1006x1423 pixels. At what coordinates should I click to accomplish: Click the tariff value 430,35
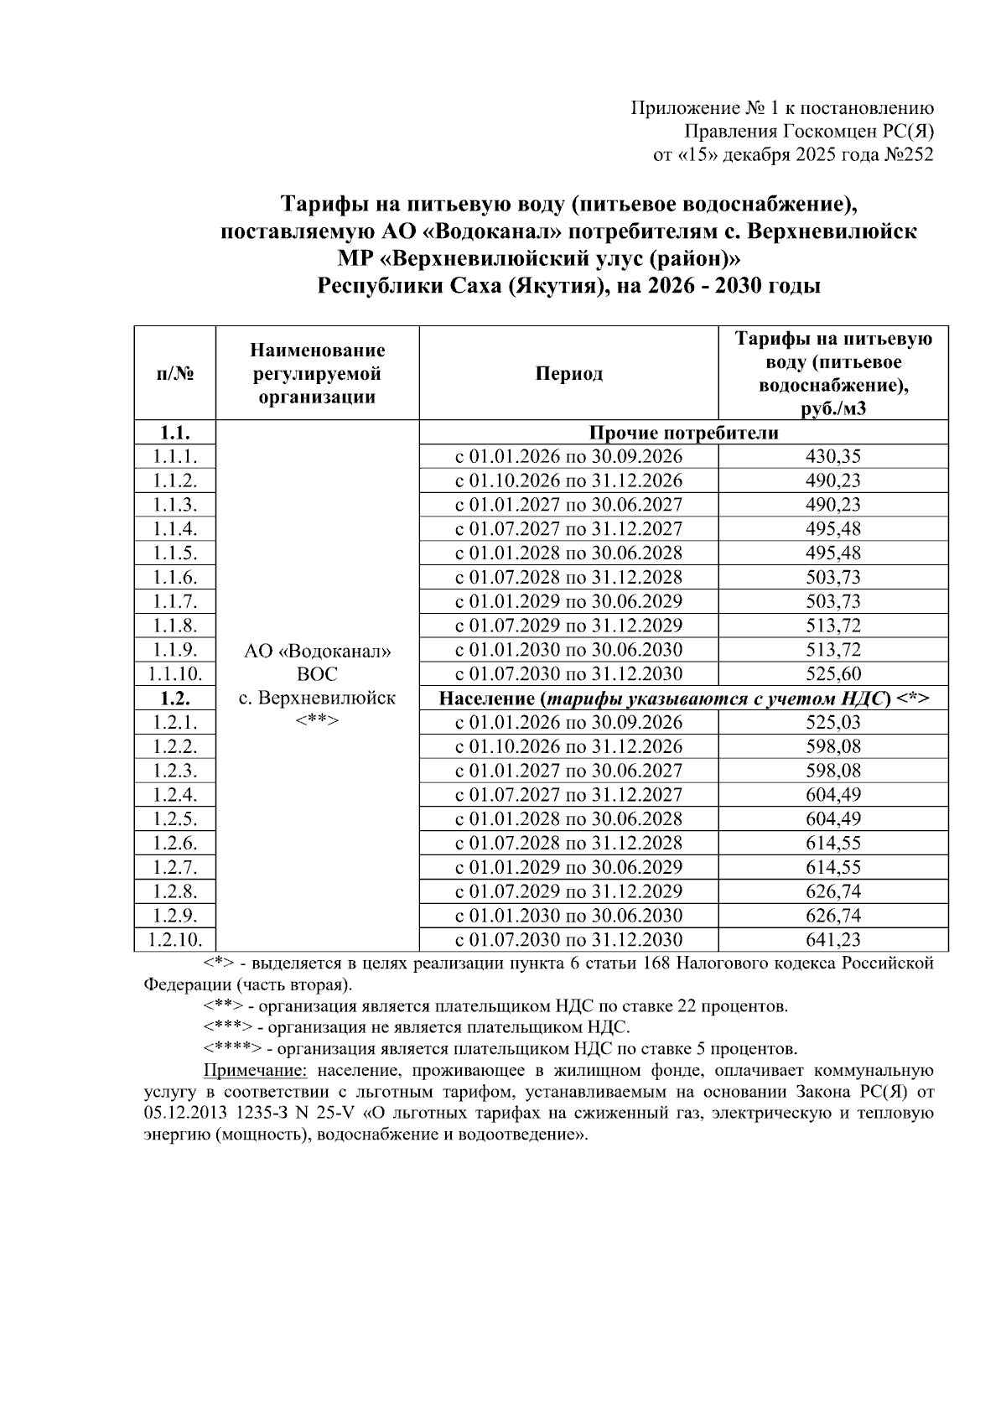832,457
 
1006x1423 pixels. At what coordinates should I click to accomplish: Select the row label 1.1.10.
174,674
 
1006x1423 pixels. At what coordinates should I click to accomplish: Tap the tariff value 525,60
832,674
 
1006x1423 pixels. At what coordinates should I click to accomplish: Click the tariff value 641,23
832,940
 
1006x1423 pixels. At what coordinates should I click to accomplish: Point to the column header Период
568,374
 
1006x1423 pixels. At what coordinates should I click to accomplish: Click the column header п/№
174,374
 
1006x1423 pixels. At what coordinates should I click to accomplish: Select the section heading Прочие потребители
683,434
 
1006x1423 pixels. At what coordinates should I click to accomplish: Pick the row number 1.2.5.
174,819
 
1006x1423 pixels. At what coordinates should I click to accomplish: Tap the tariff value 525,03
832,723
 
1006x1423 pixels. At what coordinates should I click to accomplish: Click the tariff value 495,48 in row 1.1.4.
832,529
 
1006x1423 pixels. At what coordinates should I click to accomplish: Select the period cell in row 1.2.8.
568,891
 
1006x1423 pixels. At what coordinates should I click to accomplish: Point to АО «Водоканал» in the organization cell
317,651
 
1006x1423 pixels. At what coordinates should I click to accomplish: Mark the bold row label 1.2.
174,699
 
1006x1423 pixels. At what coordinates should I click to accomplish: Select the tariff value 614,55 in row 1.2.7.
832,868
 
